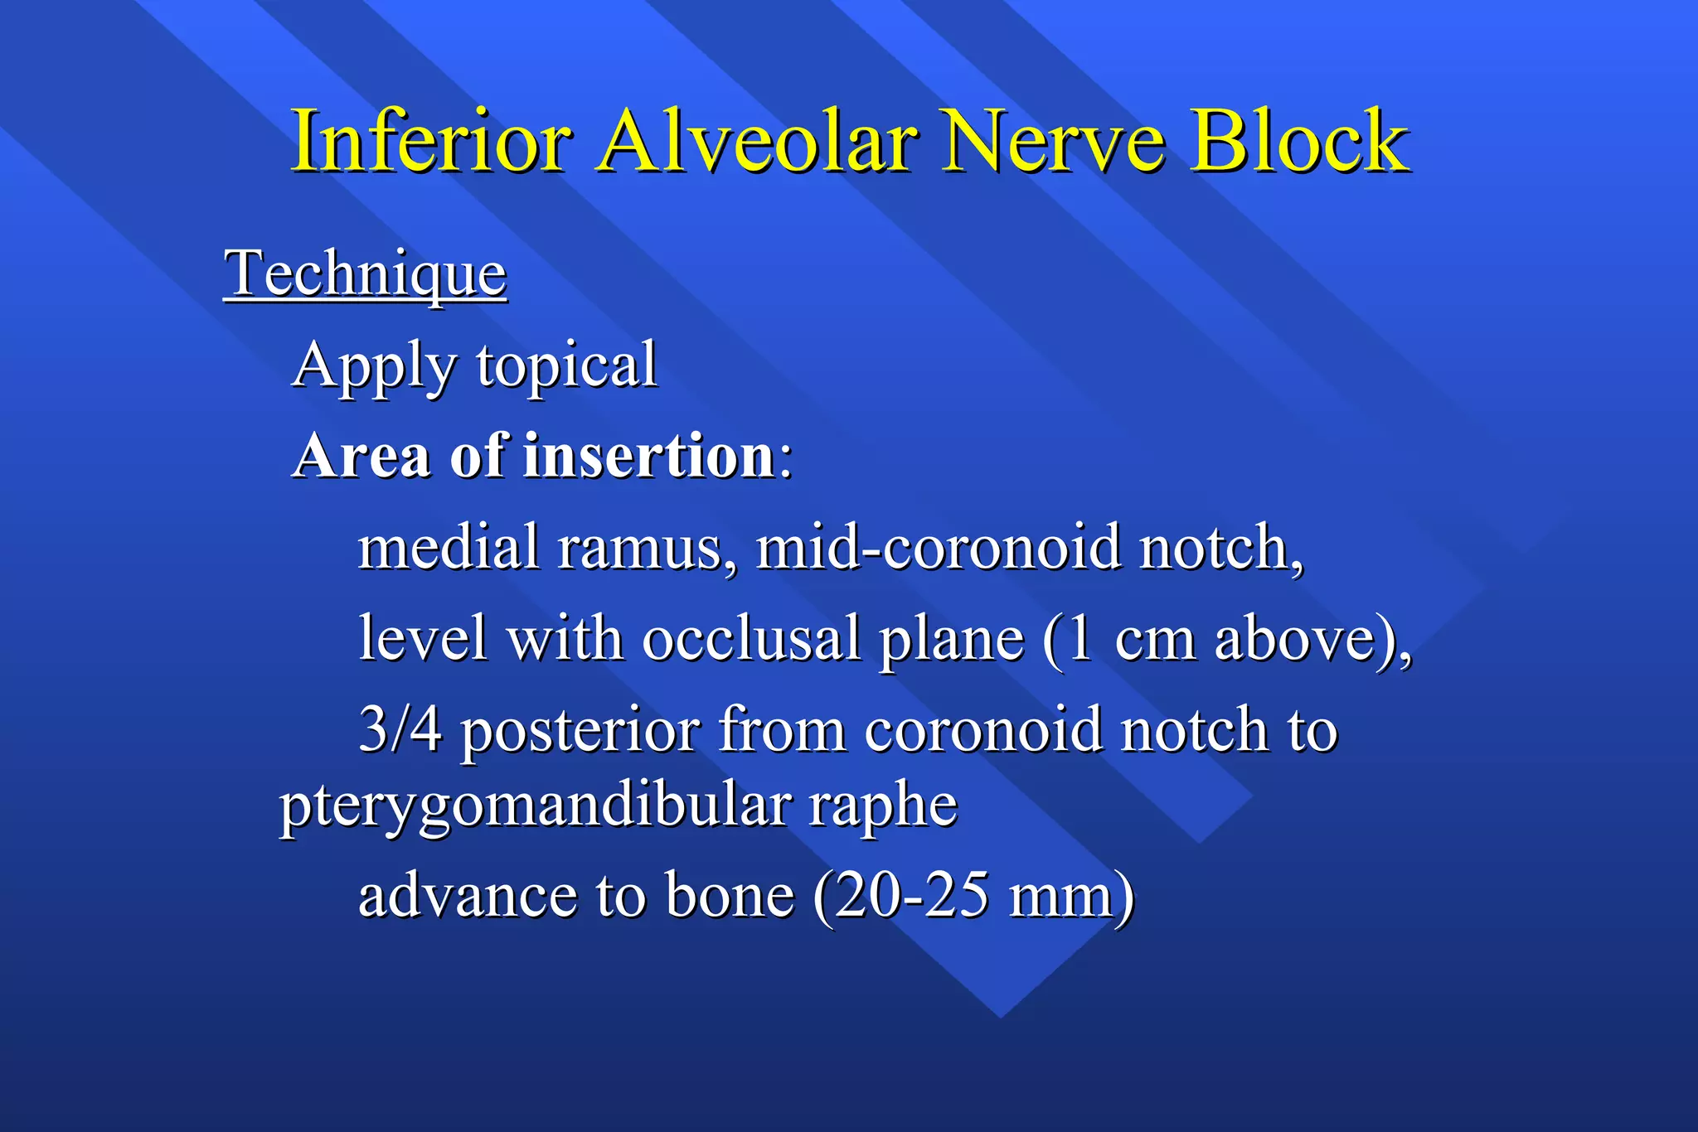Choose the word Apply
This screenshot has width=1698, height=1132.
point(375,366)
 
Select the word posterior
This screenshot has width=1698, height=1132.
point(580,731)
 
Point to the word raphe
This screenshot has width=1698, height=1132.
point(883,805)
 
